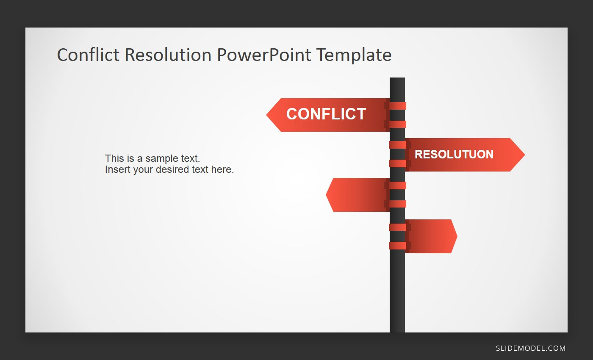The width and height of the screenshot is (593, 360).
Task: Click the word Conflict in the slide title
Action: click(88, 55)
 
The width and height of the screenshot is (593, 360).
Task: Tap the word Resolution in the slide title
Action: click(168, 55)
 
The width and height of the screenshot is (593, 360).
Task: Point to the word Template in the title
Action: click(354, 55)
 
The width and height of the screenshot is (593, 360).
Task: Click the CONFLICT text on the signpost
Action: click(326, 114)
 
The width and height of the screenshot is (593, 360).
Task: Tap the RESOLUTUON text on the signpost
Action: click(454, 154)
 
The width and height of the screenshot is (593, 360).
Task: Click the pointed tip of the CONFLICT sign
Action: click(266, 115)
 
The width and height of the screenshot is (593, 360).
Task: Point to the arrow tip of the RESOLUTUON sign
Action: click(525, 155)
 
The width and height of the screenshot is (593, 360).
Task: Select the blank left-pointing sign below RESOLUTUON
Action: click(357, 195)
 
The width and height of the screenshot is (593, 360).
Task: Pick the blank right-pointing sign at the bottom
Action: click(431, 236)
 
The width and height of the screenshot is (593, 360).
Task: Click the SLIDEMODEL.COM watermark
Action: click(530, 348)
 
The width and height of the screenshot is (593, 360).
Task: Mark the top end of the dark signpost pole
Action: click(397, 78)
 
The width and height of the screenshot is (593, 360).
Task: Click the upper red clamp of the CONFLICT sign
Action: click(397, 106)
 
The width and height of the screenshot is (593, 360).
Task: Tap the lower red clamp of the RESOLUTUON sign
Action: click(397, 163)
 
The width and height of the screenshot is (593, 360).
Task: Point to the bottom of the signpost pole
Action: click(397, 332)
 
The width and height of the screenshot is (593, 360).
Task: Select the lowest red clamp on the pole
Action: click(397, 245)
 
